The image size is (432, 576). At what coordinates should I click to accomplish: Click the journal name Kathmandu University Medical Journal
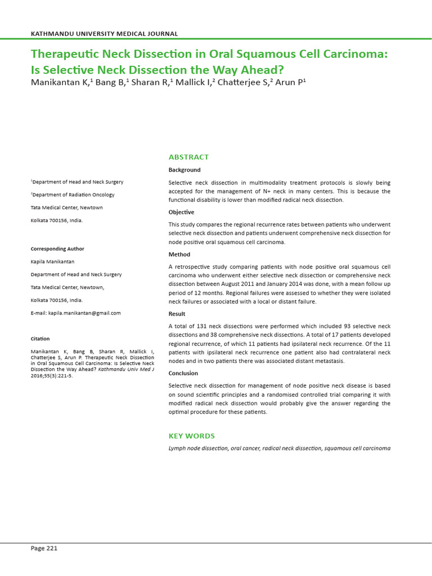pyautogui.click(x=104, y=34)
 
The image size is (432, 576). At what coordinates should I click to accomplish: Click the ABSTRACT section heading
pyautogui.click(x=188, y=157)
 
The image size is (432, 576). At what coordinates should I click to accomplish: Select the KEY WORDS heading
pyautogui.click(x=191, y=436)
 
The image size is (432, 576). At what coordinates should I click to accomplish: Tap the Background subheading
pyautogui.click(x=184, y=170)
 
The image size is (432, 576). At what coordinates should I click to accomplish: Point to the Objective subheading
pyautogui.click(x=181, y=212)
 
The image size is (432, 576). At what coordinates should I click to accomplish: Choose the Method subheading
pyautogui.click(x=179, y=254)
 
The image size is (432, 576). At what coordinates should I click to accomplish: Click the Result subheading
pyautogui.click(x=177, y=314)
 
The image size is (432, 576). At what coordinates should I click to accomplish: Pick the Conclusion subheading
pyautogui.click(x=184, y=373)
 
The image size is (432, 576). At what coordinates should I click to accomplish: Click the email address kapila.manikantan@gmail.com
pyautogui.click(x=84, y=313)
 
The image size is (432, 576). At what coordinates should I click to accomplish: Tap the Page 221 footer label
pyautogui.click(x=44, y=548)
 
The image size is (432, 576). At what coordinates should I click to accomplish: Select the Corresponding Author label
pyautogui.click(x=57, y=249)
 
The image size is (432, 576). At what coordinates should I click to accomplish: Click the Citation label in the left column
pyautogui.click(x=40, y=339)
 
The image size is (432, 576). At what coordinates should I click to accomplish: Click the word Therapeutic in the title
pyautogui.click(x=66, y=55)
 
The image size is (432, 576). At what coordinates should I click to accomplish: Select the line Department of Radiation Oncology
pyautogui.click(x=73, y=195)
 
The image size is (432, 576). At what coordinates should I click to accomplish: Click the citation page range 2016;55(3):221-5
pyautogui.click(x=51, y=376)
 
